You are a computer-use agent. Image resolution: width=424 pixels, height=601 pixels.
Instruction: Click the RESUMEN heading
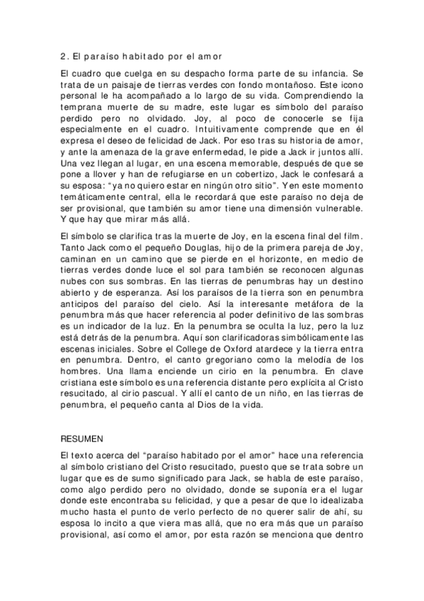(82, 439)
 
